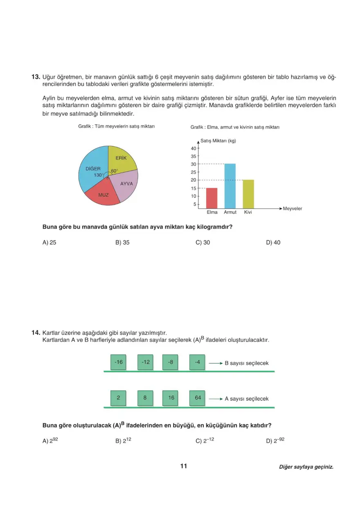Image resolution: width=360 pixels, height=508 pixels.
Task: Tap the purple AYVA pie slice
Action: pos(126,185)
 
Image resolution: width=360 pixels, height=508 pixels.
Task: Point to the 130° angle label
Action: pos(99,175)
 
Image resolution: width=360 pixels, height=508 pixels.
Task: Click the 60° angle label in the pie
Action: pos(114,171)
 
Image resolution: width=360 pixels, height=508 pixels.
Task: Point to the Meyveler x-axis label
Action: pos(292,209)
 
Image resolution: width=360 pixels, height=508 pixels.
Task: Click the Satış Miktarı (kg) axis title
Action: pos(218,141)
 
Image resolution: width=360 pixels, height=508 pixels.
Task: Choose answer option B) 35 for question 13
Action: pos(122,243)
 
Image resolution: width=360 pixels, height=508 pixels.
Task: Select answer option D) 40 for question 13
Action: pos(273,243)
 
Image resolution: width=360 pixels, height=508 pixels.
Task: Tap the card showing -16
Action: pos(119,362)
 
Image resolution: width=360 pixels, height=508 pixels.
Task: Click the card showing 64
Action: pos(198,398)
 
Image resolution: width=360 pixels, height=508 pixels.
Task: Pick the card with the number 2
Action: pos(119,398)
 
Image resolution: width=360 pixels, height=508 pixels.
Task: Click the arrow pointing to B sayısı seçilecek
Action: pos(215,363)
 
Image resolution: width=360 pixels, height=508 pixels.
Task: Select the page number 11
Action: pos(183,466)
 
